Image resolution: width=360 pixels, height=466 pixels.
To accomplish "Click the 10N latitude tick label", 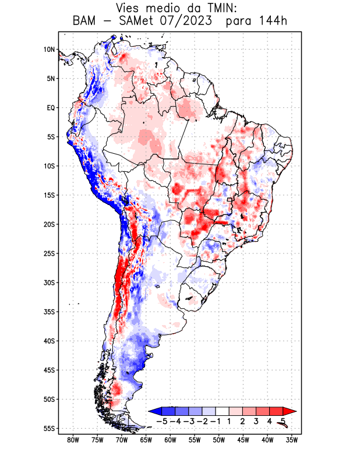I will (x=49, y=50).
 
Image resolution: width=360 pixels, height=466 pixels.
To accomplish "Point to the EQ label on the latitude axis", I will (x=51, y=108).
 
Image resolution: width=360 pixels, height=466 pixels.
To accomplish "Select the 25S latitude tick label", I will (x=49, y=253).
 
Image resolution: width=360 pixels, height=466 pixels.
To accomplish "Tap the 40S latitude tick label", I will (x=49, y=341).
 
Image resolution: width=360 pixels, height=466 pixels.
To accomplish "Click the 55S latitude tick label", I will (x=49, y=428).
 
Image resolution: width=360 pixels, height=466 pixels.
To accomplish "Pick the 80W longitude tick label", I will (x=73, y=440).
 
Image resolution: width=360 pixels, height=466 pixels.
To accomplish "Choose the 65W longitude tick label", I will (x=146, y=440).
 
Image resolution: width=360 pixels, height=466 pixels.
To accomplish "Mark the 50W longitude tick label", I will (x=219, y=440).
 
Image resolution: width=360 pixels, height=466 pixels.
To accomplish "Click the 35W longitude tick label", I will (x=292, y=440).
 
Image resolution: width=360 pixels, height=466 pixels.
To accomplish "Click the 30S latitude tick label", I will (x=49, y=283).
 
